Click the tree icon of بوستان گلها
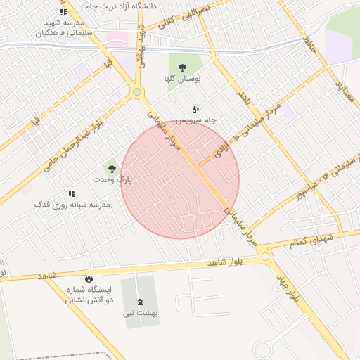click(x=183, y=67)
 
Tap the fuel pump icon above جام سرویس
click(x=195, y=109)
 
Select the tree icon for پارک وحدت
click(x=111, y=168)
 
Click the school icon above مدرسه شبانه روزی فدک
click(x=72, y=193)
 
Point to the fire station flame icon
click(x=89, y=279)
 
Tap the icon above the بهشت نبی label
click(x=140, y=302)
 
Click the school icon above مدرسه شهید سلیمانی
click(x=63, y=12)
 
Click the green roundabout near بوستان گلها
click(x=136, y=91)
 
